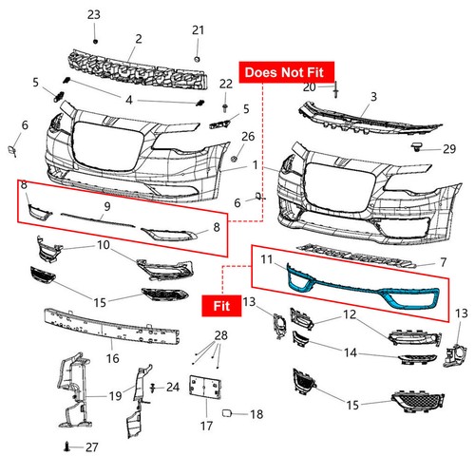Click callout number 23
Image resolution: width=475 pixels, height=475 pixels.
(93, 15)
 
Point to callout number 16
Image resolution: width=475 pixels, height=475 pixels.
(111, 358)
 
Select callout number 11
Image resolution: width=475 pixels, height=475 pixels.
(267, 257)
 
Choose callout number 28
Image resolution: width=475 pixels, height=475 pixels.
(222, 336)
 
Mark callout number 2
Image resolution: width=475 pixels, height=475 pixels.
(139, 39)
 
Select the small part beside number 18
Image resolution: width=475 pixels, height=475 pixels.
(228, 413)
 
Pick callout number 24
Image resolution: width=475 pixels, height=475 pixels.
(172, 387)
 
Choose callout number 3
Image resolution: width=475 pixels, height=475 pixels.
(373, 97)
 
